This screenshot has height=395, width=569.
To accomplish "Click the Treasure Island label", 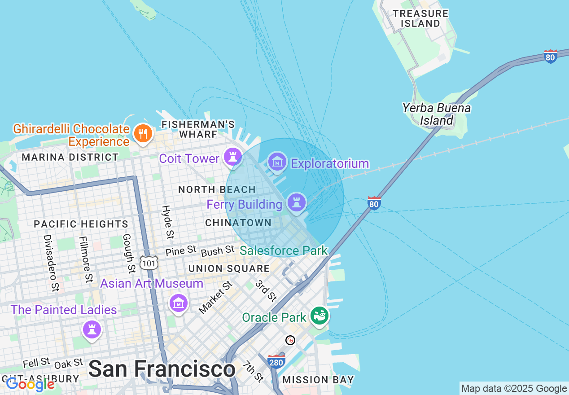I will coord(420,18).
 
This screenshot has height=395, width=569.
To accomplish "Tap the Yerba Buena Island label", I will coord(436,114).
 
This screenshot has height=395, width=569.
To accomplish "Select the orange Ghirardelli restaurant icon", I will coord(143,133).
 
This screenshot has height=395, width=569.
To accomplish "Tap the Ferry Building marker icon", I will coord(296,202).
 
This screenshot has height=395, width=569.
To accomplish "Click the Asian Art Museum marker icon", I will coord(179,303).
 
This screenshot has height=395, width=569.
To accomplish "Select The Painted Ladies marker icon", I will coord(92,330).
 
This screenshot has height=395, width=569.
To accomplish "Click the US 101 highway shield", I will coord(148,263).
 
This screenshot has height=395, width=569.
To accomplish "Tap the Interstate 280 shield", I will coord(276,361).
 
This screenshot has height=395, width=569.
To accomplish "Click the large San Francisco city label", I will coord(162,369).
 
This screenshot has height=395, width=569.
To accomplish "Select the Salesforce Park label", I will coord(284,250).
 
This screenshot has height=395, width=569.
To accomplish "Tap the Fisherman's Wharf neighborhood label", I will coord(198,129).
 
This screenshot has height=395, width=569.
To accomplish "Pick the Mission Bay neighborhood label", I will coord(318,380).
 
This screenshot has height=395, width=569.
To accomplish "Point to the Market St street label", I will coord(215,297).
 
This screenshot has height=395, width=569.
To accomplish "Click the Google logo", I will coord(30,384).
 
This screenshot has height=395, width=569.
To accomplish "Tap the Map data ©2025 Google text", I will coord(514,388).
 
